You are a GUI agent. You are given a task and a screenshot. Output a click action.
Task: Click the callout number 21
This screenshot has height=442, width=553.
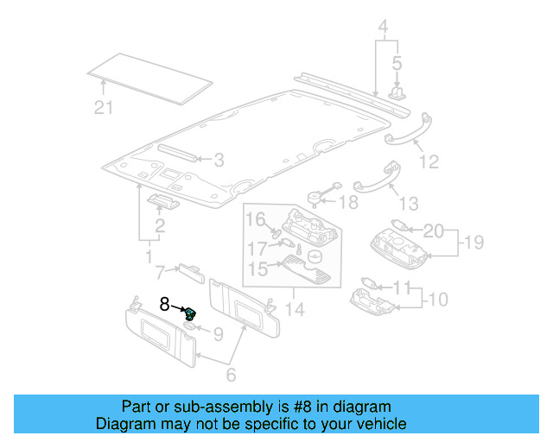click(x=104, y=107)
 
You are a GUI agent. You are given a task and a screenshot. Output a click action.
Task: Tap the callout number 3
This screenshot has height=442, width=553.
click(x=219, y=160)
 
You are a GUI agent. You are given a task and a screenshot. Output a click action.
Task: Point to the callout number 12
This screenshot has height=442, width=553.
click(x=429, y=161)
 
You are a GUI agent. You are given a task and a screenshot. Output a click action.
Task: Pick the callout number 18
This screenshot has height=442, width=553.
click(x=347, y=203)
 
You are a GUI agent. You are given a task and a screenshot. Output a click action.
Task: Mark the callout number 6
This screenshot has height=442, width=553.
click(x=231, y=375)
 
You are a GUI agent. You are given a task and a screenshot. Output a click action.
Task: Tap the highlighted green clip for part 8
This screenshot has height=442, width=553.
click(x=190, y=313)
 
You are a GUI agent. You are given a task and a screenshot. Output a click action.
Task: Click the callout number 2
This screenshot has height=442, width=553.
click(x=159, y=227)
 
